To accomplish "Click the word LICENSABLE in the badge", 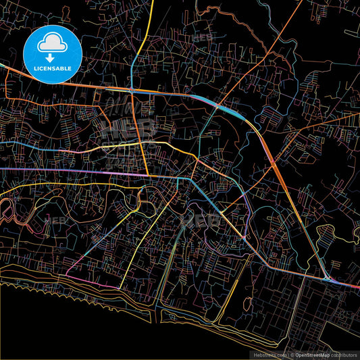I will (53, 68).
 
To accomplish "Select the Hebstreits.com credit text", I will (268, 355).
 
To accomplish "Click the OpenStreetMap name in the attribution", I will (311, 355).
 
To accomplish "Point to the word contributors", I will (344, 355).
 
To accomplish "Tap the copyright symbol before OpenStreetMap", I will (292, 355).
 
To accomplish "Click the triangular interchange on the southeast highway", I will (327, 278).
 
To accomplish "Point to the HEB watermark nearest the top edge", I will (203, 37).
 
